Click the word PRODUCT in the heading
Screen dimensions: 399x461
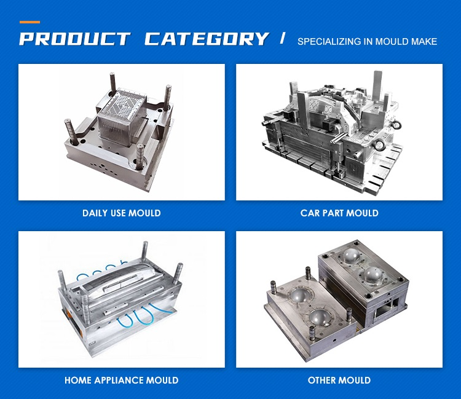point(74,39)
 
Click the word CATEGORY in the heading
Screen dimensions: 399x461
point(207,39)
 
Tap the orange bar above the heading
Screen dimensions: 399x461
point(30,22)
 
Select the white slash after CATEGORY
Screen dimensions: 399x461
point(283,39)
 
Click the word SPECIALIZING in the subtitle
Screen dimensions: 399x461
point(325,42)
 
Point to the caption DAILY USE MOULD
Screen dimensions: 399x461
point(122,213)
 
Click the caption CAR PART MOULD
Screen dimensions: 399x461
point(339,213)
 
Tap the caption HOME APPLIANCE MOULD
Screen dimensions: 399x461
point(122,381)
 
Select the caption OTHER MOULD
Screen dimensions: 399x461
point(339,381)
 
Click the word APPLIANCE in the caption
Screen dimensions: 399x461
point(120,381)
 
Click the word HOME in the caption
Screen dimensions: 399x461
point(78,381)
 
